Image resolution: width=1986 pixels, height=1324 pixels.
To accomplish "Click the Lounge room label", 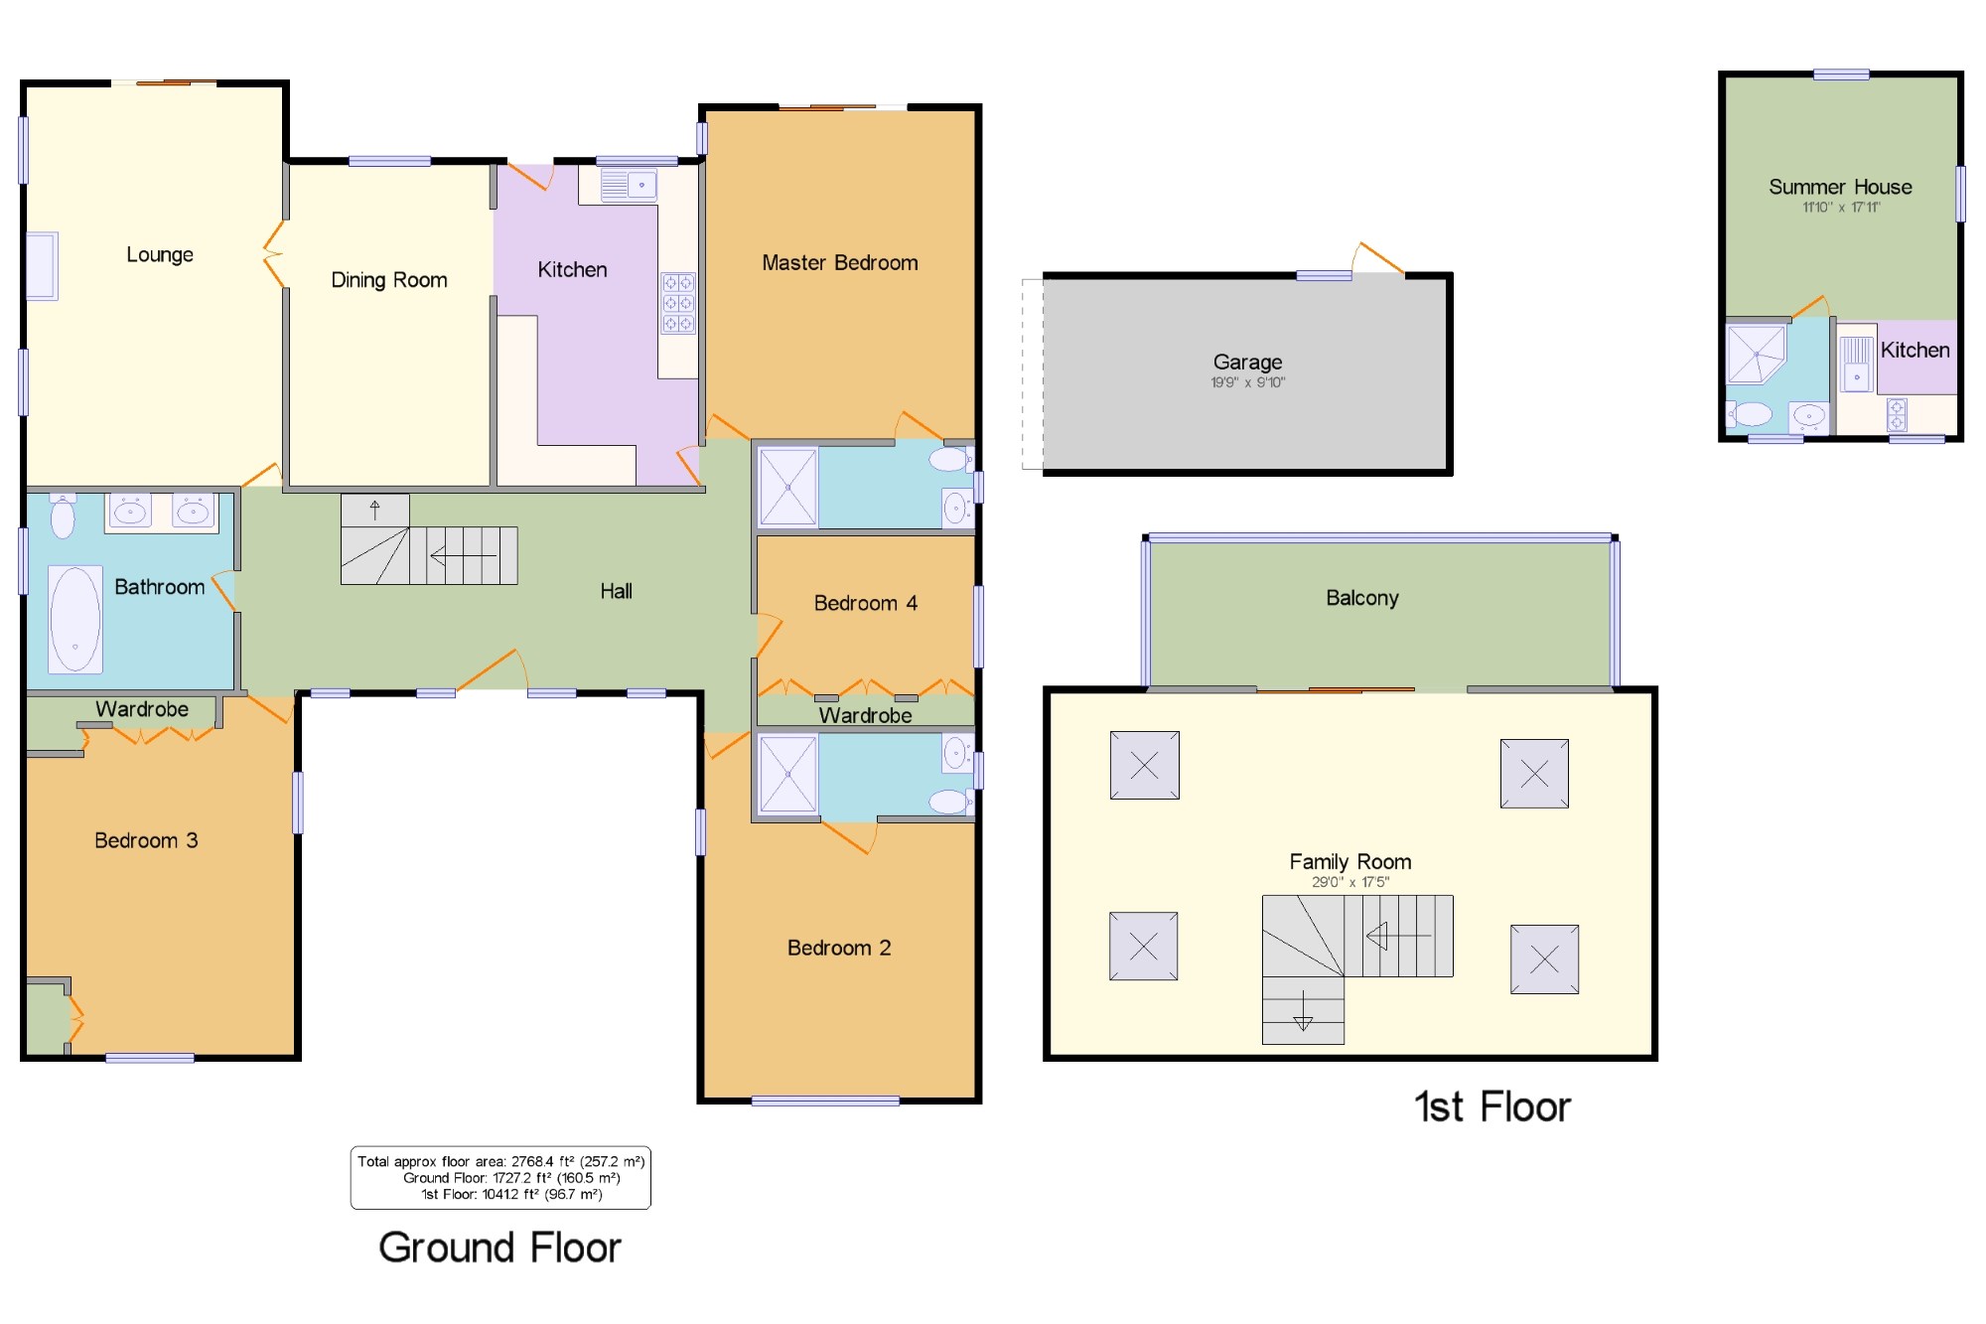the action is click(160, 255).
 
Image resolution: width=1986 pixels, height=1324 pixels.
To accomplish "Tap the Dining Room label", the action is click(389, 280).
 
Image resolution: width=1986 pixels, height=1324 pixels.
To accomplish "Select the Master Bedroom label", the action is click(840, 263).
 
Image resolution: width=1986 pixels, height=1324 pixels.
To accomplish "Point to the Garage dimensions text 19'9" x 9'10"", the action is click(1247, 382).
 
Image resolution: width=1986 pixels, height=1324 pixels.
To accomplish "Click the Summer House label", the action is click(1840, 187).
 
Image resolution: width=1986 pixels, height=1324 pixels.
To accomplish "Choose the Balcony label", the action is click(1362, 598).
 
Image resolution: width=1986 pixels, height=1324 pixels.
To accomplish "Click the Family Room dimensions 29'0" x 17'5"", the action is click(1350, 882).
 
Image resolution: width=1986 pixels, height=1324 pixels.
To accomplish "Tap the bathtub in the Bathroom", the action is click(75, 619).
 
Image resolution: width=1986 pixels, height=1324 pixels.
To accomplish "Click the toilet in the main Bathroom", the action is click(63, 515).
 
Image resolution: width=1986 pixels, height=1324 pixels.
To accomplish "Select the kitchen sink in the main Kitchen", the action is click(629, 185).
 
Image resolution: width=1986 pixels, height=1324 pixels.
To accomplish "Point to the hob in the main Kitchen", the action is click(678, 303).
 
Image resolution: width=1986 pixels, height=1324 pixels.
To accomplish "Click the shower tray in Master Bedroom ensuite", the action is click(788, 487).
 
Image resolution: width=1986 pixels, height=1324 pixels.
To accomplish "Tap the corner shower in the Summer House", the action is click(1756, 354).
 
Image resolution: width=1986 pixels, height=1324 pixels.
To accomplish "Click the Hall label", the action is click(616, 592).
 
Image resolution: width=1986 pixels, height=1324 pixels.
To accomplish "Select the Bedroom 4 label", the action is click(865, 604).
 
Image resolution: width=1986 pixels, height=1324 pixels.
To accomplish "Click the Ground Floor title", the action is click(499, 1248).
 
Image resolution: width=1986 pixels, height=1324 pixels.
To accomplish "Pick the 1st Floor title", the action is click(1492, 1106).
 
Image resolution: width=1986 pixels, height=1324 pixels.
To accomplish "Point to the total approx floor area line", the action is click(501, 1161).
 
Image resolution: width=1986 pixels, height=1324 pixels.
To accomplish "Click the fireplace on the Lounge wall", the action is click(42, 266).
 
